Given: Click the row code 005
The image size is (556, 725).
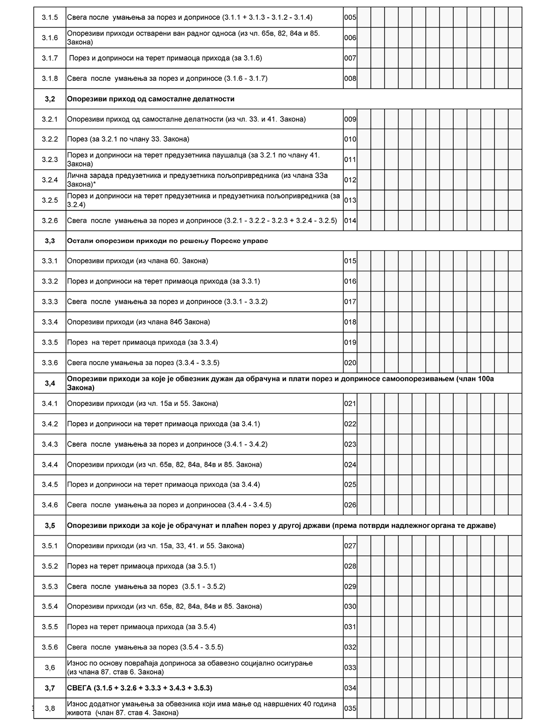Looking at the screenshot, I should [350, 18].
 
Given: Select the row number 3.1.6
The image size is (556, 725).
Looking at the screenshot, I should [50, 38].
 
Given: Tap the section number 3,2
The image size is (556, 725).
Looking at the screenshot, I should [50, 99].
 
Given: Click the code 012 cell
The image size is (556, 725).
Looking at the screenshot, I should [350, 180].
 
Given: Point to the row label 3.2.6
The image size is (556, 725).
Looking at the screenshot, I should [50, 220].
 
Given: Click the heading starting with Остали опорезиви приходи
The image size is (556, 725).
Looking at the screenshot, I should [167, 241].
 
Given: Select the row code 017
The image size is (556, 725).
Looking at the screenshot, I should [350, 302].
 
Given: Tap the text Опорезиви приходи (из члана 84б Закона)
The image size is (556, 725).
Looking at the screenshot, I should [138, 322].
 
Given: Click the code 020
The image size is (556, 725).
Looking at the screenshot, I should [350, 363].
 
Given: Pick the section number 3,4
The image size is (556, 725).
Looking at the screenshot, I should [50, 383].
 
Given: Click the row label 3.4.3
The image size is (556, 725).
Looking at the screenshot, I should [50, 444].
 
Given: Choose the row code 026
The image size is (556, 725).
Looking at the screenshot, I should [350, 505].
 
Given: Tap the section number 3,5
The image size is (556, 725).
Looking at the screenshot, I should [50, 525].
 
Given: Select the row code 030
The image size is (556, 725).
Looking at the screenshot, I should [350, 607].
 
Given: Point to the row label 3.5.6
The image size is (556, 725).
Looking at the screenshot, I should [50, 647].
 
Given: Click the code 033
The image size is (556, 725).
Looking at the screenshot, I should [350, 668].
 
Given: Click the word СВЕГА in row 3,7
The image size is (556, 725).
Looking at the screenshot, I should [77, 688].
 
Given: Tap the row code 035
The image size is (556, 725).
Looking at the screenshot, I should [350, 708].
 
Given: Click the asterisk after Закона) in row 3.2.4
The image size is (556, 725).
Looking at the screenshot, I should [95, 183].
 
